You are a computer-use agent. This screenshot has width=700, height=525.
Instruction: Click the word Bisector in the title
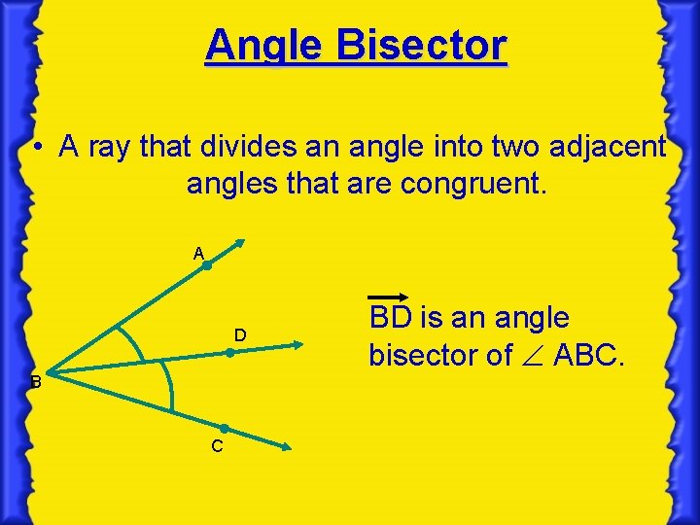[x=422, y=46]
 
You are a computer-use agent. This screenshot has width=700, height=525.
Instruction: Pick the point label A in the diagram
[x=198, y=254]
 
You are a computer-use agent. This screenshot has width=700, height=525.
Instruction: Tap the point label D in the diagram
[x=239, y=335]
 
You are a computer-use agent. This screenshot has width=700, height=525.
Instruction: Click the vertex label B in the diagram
[x=35, y=383]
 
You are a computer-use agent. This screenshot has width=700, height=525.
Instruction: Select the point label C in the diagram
[x=217, y=446]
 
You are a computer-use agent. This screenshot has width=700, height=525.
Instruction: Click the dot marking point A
[x=207, y=264]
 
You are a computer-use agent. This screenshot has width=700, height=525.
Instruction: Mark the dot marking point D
[x=230, y=354]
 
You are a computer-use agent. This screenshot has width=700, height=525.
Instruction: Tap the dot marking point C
[x=224, y=428]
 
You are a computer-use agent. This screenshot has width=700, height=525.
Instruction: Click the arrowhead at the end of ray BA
[x=241, y=244]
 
